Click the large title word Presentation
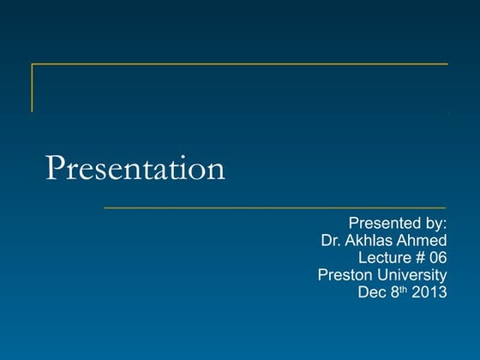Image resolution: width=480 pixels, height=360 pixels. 135,168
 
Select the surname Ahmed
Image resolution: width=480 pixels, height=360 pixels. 423,242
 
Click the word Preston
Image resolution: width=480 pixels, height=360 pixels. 344,275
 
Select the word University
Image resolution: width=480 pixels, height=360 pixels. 411,275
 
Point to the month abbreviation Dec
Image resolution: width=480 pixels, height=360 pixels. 370,291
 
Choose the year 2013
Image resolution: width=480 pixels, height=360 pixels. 428,291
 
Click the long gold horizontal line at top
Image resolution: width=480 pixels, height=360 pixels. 240,64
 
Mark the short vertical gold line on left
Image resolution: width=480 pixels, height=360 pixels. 33,87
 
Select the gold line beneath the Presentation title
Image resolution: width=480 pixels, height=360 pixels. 274,207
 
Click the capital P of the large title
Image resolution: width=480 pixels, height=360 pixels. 55,168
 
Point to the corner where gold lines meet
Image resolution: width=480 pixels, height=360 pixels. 33,64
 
